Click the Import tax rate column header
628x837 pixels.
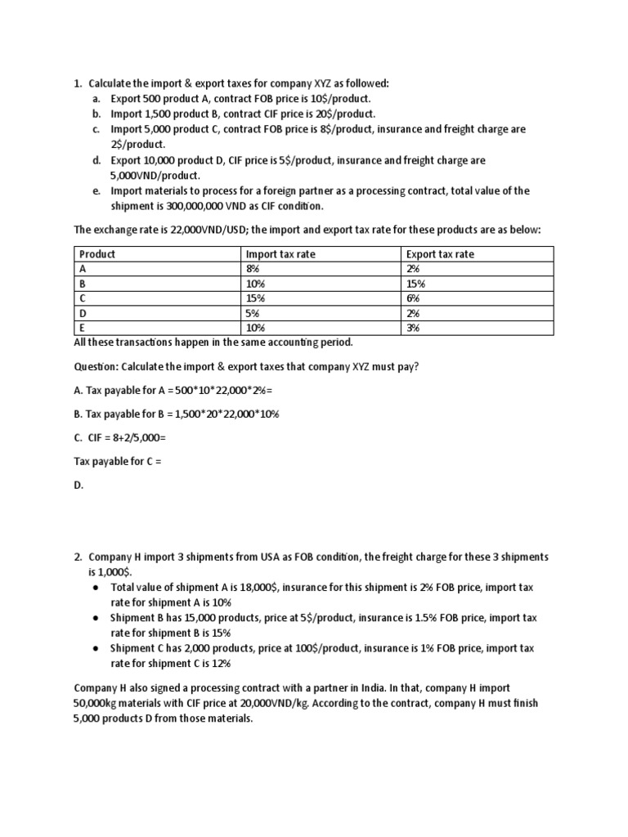pos(280,254)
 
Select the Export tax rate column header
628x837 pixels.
pos(440,254)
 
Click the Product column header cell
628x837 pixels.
pos(97,254)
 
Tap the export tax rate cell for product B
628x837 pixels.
pos(415,284)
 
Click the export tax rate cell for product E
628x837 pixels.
pos(412,328)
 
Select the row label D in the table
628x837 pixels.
pos(83,313)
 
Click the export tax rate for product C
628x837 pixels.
pos(412,298)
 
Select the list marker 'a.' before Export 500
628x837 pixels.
pos(96,99)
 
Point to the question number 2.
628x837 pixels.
pos(78,557)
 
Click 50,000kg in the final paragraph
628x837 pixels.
pos(98,704)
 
